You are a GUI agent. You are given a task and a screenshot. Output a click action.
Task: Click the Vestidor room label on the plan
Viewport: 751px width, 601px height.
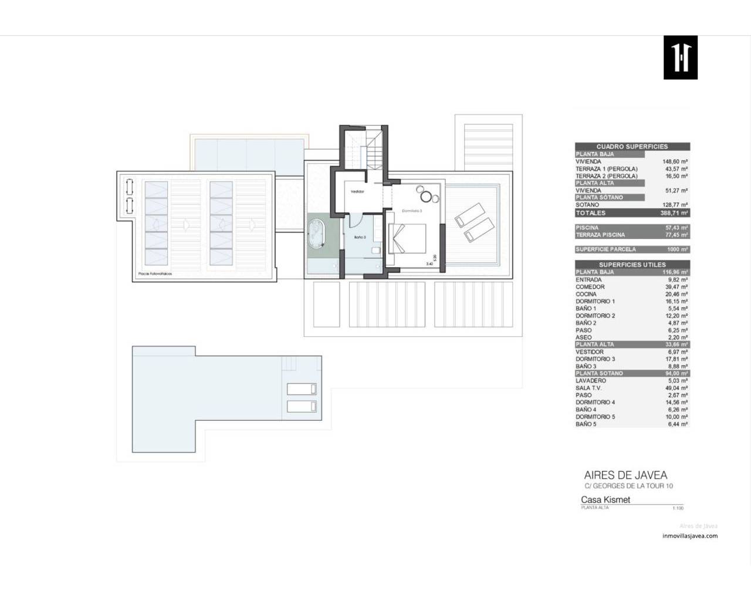click(x=357, y=191)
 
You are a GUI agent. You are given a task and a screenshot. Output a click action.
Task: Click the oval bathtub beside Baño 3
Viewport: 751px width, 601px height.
click(x=317, y=236)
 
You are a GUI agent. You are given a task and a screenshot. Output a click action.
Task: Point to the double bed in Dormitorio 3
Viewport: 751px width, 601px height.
click(x=407, y=239)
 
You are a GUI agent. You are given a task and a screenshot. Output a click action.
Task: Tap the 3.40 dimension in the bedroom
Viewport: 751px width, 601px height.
click(x=430, y=265)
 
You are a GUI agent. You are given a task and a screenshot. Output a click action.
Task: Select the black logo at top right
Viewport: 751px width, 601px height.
click(x=680, y=58)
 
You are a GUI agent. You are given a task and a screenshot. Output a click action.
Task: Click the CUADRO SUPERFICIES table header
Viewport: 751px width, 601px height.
click(x=632, y=147)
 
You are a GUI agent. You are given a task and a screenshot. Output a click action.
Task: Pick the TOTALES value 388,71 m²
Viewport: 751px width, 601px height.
click(x=674, y=213)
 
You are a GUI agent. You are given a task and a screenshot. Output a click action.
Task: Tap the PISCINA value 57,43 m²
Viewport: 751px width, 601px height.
click(x=676, y=228)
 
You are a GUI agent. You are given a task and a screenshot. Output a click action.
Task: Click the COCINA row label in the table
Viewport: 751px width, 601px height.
click(x=586, y=294)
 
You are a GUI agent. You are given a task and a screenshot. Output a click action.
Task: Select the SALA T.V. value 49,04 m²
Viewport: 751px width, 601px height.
click(x=676, y=388)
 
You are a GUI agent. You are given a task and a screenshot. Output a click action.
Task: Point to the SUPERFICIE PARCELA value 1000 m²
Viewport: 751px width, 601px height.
click(x=677, y=249)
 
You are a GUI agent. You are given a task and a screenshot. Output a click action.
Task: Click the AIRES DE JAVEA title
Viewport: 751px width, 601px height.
click(x=625, y=475)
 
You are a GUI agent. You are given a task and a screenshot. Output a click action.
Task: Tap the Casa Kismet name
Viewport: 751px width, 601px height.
click(x=605, y=500)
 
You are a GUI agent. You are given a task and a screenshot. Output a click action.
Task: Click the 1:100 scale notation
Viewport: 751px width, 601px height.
click(x=678, y=508)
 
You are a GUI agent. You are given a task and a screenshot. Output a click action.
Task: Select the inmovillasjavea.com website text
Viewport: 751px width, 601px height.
click(x=689, y=536)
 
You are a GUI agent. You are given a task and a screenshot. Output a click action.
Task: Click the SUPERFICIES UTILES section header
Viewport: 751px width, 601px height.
click(x=632, y=265)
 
